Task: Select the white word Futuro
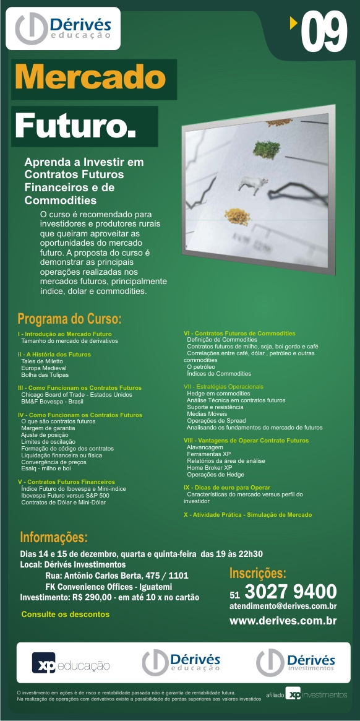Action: (x=75, y=126)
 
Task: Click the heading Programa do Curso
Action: (x=69, y=319)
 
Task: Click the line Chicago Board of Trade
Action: (x=77, y=394)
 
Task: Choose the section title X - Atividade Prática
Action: (x=247, y=514)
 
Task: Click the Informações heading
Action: (x=54, y=536)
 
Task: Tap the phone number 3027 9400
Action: (x=291, y=591)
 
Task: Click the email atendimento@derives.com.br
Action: (x=283, y=607)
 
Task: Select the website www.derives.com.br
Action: (x=283, y=621)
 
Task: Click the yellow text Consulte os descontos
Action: (x=65, y=615)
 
